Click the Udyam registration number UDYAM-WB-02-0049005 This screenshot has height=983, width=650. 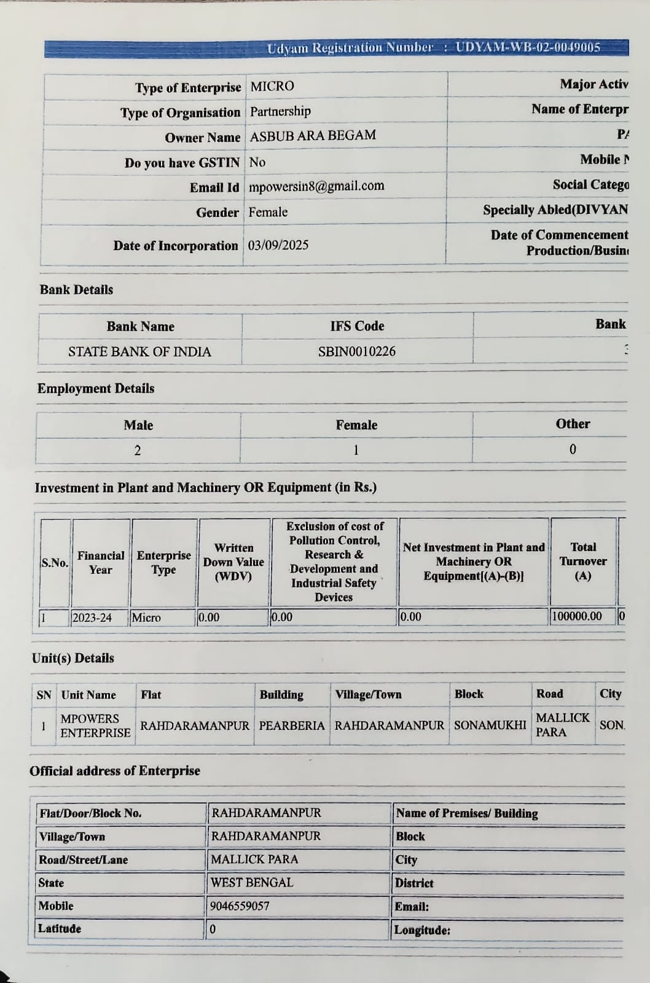pos(528,48)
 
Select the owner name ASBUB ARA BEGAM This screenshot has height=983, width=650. pos(313,136)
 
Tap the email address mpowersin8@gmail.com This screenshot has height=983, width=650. pos(316,186)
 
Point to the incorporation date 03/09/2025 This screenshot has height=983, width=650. pos(278,245)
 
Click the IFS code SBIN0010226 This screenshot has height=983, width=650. pos(357,351)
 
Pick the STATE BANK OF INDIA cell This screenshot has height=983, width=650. pos(139,352)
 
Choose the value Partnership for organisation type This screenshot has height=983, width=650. pos(280,111)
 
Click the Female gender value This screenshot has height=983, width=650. pos(268,212)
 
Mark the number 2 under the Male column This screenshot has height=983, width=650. pos(138,450)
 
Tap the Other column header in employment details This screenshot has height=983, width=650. pos(573,424)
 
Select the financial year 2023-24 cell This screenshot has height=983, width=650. pos(92,617)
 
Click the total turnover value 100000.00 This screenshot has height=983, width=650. pos(577,616)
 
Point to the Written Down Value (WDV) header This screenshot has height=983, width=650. pos(233,562)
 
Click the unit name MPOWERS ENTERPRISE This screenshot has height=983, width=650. pos(95,726)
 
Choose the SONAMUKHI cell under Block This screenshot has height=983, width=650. pos(490,725)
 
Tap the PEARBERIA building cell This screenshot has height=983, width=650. pos(292,726)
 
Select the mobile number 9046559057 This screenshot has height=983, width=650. pos(240,906)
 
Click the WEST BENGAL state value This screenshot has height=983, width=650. pos(252,883)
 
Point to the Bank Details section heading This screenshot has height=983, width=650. pos(77,289)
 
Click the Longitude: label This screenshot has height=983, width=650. pos(422,930)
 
